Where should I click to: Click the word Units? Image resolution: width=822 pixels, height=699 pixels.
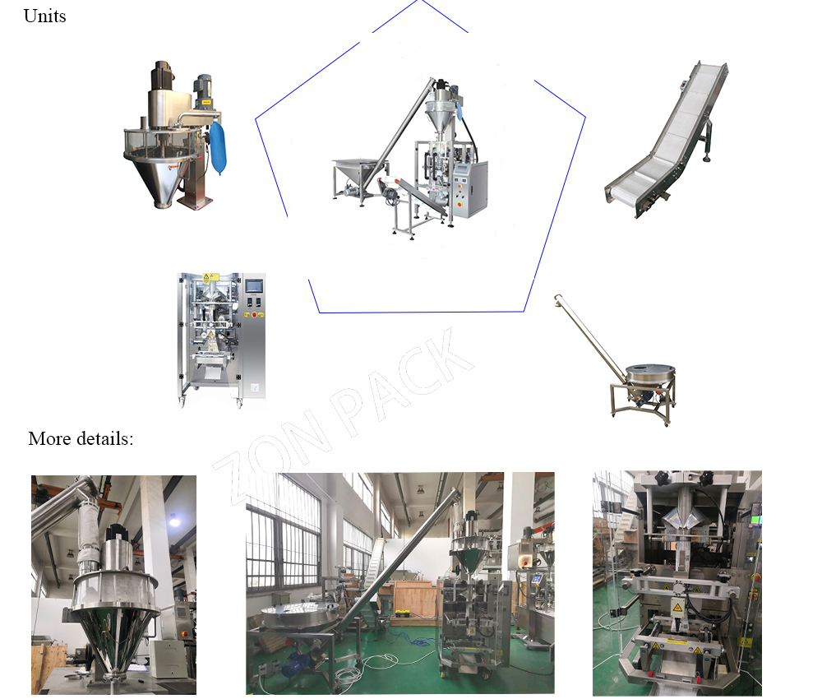tap(44, 16)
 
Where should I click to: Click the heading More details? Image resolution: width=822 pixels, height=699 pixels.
tap(80, 438)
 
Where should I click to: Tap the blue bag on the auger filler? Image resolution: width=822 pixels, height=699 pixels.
tap(219, 148)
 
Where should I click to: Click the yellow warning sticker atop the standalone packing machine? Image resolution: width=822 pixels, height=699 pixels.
tap(206, 277)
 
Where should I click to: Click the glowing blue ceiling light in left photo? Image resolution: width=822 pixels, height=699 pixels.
tap(173, 518)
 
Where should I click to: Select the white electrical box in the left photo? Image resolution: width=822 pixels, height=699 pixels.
tap(168, 659)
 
